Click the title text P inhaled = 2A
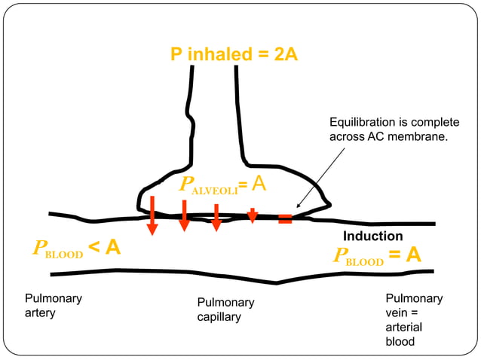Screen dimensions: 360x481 [234, 55]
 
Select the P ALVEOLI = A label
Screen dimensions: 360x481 [222, 185]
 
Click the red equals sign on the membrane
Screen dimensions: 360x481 [285, 219]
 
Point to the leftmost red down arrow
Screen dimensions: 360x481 [152, 215]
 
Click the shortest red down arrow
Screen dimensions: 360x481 [253, 215]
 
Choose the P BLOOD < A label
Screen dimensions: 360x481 [76, 248]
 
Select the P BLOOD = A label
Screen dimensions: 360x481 [377, 256]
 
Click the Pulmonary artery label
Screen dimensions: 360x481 [53, 305]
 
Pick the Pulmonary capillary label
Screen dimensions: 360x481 [225, 310]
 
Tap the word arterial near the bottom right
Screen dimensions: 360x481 [404, 327]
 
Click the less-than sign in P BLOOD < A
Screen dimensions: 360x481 [93, 247]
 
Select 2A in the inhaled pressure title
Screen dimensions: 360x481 [283, 55]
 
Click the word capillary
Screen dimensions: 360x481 [219, 317]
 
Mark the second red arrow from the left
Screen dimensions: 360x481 [184, 215]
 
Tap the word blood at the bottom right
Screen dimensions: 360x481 [400, 341]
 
